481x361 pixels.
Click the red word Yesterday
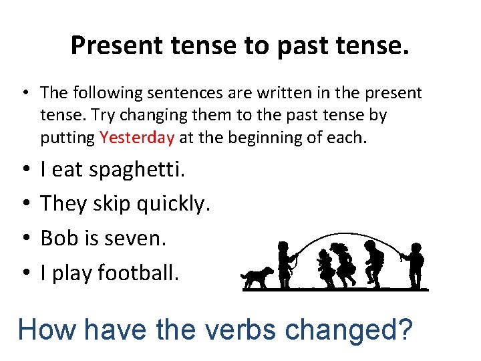pyautogui.click(x=137, y=138)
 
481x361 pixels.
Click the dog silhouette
pyautogui.click(x=257, y=277)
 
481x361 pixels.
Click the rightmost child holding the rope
pyautogui.click(x=414, y=266)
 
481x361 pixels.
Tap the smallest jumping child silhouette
pyautogui.click(x=325, y=269)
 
